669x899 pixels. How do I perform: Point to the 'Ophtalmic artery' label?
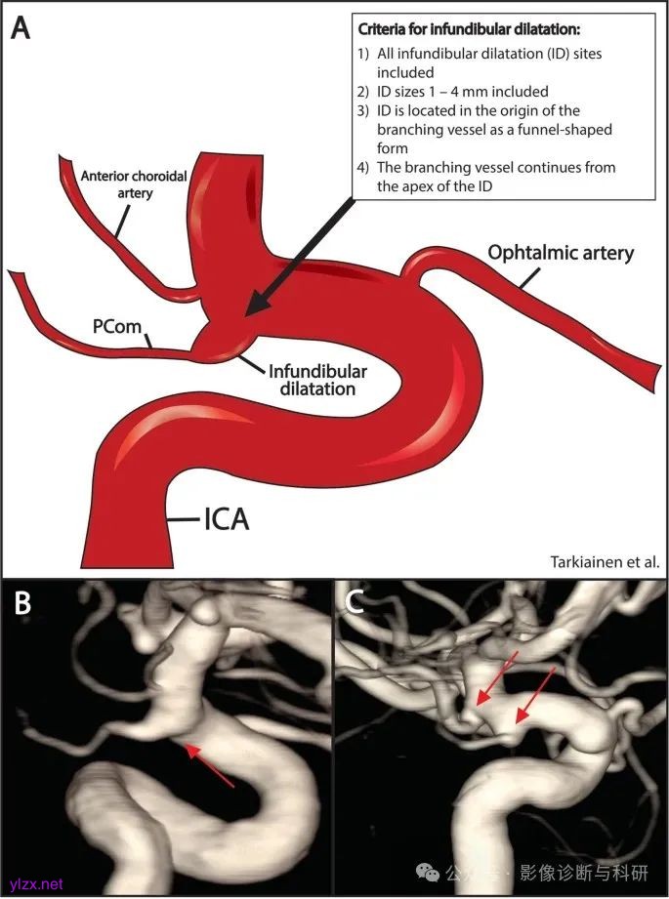coord(561,254)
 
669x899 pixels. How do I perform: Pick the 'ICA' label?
coord(226,519)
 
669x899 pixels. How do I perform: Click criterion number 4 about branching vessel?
coord(486,176)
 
